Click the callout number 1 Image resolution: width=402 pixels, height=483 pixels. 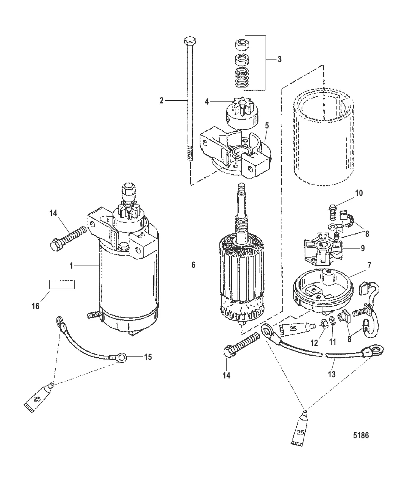(x=71, y=266)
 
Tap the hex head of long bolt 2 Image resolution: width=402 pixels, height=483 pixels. (x=190, y=41)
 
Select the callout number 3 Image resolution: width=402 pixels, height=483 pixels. (x=280, y=59)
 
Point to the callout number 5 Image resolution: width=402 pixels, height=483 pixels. (x=267, y=126)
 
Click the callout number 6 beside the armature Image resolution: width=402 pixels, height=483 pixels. (x=194, y=265)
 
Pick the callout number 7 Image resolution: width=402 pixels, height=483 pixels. (x=369, y=265)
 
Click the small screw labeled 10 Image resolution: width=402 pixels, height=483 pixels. (x=332, y=212)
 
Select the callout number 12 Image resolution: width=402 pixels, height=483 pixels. (x=314, y=343)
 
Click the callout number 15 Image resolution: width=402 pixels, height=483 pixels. (x=148, y=357)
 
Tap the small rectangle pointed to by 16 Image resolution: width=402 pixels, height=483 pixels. (x=62, y=284)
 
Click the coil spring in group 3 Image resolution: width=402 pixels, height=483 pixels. (x=242, y=78)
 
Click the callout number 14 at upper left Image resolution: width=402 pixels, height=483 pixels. (x=53, y=213)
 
